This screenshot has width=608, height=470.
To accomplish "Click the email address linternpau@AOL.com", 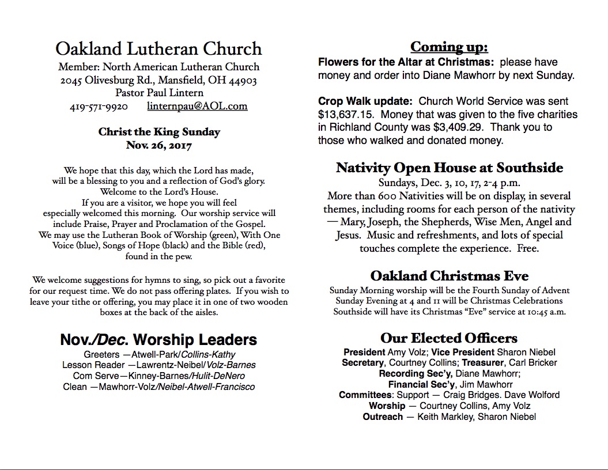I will (197, 106).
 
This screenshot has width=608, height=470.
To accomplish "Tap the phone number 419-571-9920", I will (99, 106).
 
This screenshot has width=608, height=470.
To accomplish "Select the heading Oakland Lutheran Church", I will (158, 48).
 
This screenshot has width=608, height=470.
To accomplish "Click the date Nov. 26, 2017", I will (158, 145).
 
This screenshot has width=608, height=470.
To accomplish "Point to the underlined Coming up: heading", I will (449, 47).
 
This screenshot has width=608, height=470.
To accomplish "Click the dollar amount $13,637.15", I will (345, 115).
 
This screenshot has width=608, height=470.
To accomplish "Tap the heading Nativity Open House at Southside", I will (450, 168).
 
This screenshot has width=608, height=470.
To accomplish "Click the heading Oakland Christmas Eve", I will (449, 275).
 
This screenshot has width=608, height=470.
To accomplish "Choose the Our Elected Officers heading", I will (449, 338).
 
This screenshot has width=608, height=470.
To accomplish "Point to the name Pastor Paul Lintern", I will (159, 93).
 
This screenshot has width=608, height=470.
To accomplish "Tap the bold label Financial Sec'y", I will (422, 384).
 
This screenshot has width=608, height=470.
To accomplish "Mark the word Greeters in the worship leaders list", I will (101, 354).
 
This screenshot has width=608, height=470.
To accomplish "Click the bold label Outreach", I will (383, 417).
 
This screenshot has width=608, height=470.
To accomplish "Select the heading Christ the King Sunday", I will (159, 132).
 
